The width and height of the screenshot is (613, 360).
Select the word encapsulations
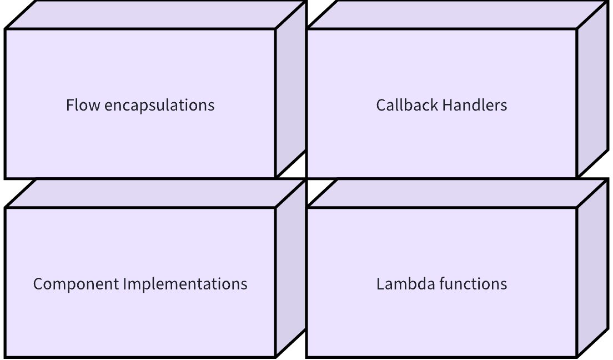pyautogui.click(x=159, y=106)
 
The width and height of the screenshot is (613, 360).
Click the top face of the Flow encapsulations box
pyautogui.click(x=155, y=15)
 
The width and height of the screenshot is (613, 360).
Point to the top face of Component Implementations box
pyautogui.click(x=155, y=194)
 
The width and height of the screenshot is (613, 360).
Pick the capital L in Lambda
pyautogui.click(x=380, y=284)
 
